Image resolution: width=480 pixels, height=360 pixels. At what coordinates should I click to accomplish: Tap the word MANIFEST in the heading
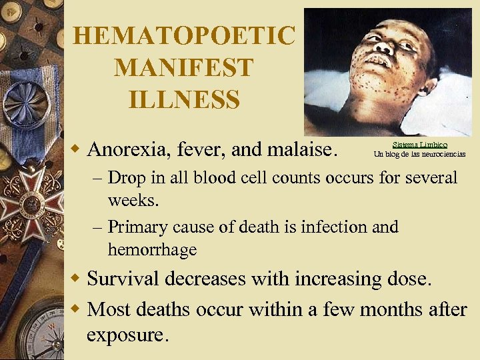(183, 67)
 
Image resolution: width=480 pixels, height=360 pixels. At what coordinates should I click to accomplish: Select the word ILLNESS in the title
(183, 100)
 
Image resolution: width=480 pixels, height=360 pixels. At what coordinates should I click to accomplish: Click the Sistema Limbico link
(419, 145)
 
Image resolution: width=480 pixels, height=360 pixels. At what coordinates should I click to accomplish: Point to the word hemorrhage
(152, 250)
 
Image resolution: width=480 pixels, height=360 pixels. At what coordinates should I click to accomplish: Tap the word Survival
(124, 278)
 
